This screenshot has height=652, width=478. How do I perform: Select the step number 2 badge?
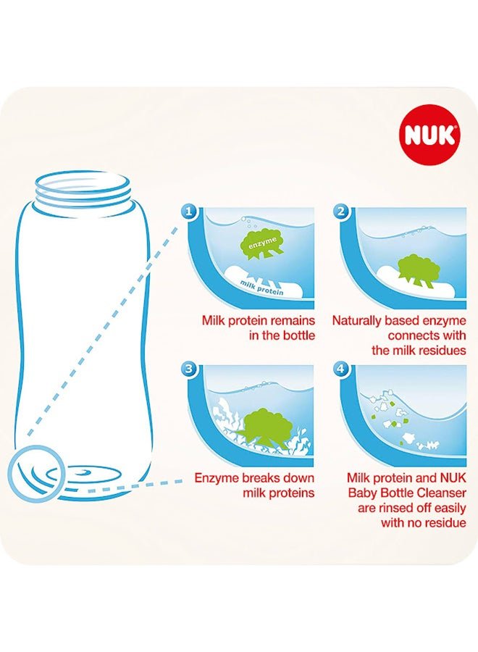(342, 212)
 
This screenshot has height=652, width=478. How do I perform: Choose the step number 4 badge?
(342, 369)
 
